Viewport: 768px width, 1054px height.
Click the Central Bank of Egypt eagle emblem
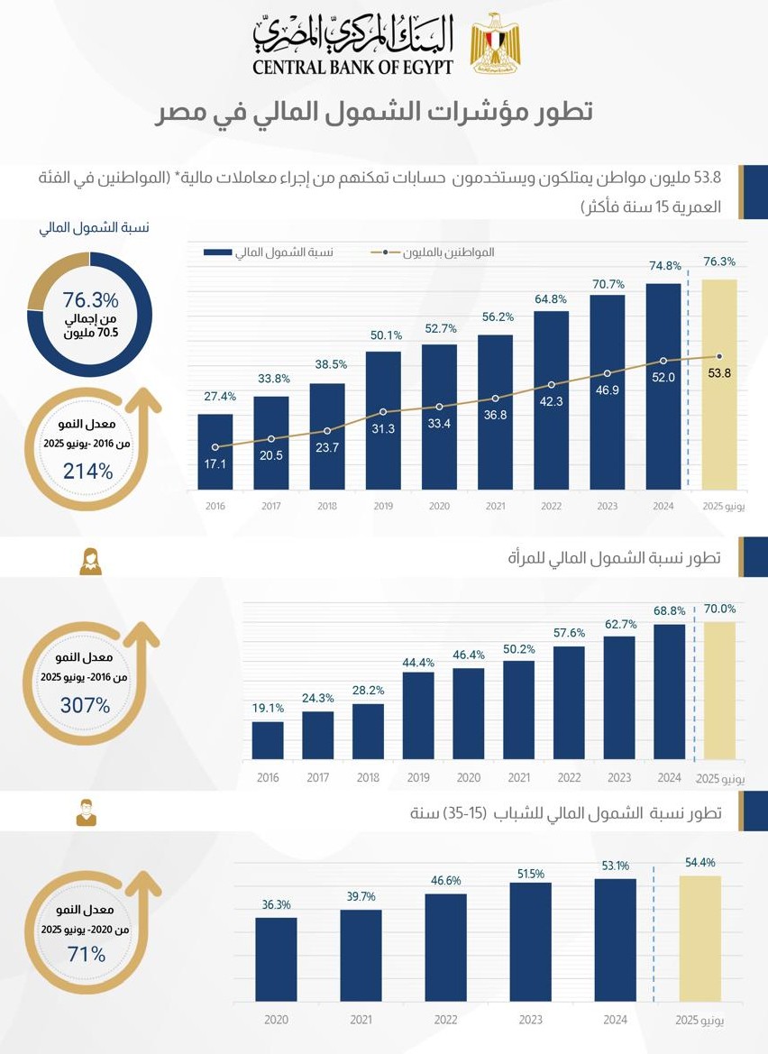[494, 43]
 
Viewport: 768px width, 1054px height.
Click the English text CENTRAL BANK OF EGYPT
[352, 67]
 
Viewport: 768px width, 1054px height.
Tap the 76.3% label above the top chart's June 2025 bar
[718, 261]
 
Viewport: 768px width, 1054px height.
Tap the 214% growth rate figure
[87, 470]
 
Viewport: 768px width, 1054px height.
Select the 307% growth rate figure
[85, 706]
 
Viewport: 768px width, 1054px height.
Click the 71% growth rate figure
[87, 954]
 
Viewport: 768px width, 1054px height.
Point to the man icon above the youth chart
[86, 812]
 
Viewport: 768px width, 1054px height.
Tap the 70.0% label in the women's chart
[720, 609]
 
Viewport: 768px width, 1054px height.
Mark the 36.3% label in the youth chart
[277, 904]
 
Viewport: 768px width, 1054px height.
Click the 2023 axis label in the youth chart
[530, 1020]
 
